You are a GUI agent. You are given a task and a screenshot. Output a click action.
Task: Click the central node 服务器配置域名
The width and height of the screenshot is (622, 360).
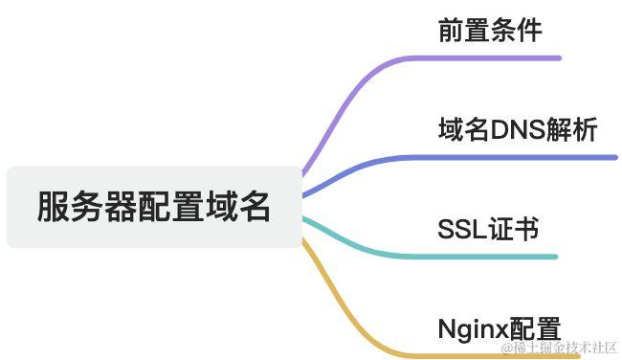[x=154, y=207]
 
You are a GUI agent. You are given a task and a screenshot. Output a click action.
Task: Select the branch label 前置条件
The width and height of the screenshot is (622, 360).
[x=490, y=31]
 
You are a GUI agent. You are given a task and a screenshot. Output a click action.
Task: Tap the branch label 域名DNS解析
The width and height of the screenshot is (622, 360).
[x=518, y=130]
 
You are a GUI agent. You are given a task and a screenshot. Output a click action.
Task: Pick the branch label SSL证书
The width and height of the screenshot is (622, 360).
[x=488, y=230]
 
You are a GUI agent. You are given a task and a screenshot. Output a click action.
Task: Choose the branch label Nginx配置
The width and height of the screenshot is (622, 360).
[x=499, y=329]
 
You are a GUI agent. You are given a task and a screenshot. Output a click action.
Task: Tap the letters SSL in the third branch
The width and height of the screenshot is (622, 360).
[x=461, y=230]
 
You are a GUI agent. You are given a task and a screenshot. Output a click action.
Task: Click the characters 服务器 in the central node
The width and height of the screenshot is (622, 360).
[x=87, y=207]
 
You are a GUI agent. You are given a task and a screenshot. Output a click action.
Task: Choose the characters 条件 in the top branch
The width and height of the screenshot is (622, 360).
[x=516, y=31]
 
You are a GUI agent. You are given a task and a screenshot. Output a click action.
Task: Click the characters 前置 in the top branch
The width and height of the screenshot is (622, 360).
[x=464, y=31]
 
